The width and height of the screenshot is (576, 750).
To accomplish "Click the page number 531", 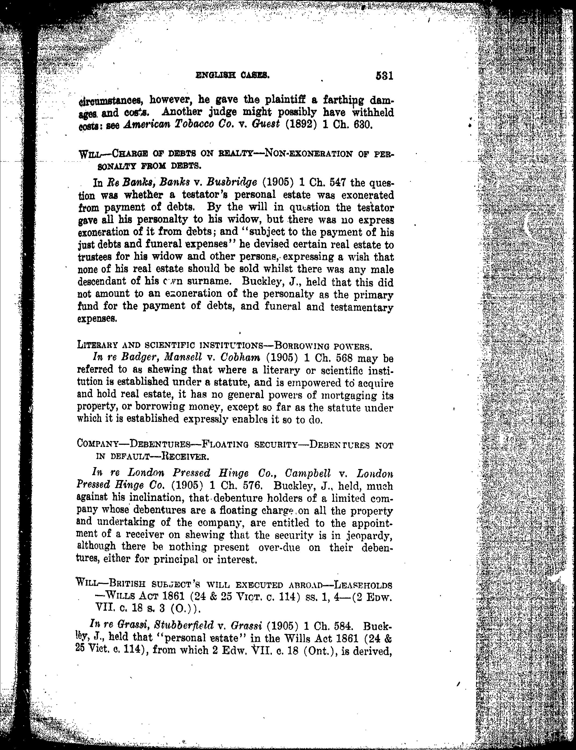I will coord(384,76).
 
